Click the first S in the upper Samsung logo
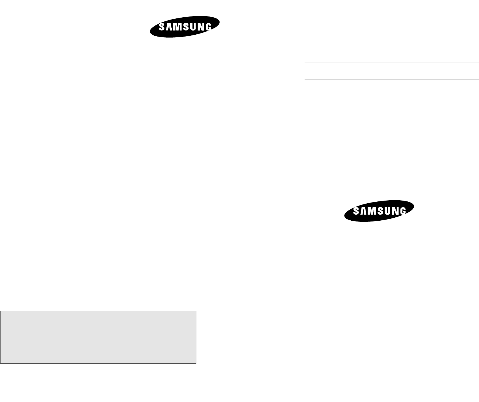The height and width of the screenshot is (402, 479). click(162, 27)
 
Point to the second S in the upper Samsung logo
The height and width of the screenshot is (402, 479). click(186, 27)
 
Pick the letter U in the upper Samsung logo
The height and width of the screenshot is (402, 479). click(193, 27)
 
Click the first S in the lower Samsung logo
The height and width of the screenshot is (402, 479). click(357, 211)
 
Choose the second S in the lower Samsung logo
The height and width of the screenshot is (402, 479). click(381, 211)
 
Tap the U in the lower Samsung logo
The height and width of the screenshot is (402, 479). click(388, 211)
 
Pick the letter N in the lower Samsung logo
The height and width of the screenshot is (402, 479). click(396, 211)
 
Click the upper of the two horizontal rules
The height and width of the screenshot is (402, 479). click(392, 62)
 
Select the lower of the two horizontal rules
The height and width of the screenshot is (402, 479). click(392, 79)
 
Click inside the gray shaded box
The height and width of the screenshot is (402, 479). click(98, 337)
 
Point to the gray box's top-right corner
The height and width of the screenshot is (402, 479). click(196, 311)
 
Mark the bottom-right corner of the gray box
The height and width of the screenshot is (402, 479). click(196, 363)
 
